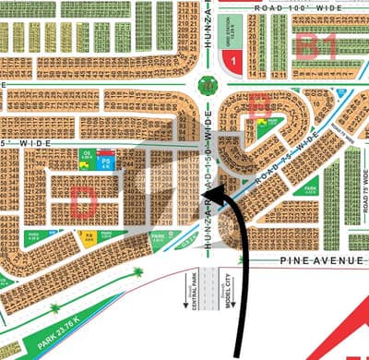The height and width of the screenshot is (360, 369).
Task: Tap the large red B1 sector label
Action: [x=316, y=45]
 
